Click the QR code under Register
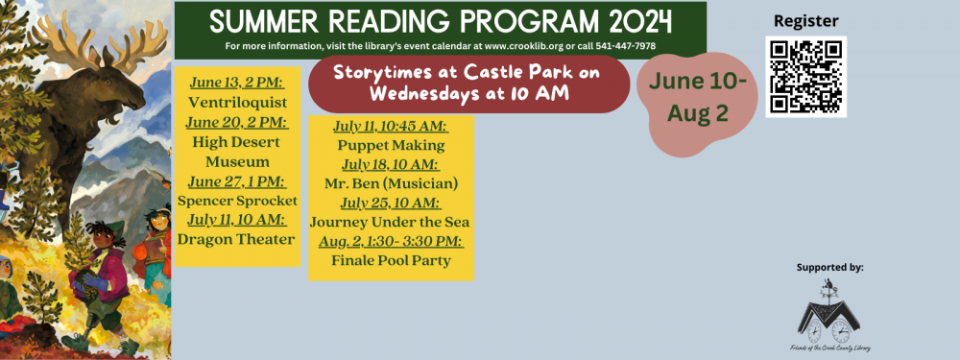805,76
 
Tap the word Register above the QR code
805,21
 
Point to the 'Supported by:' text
829,267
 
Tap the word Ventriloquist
237,102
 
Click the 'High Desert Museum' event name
237,152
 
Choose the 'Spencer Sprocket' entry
237,201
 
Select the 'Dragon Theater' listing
237,239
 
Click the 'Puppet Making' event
391,145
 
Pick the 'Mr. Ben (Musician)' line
391,183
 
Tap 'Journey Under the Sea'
391,222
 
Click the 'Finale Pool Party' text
391,260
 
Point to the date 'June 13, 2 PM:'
237,83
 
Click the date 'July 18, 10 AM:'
391,164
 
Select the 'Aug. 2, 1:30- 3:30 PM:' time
391,241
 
